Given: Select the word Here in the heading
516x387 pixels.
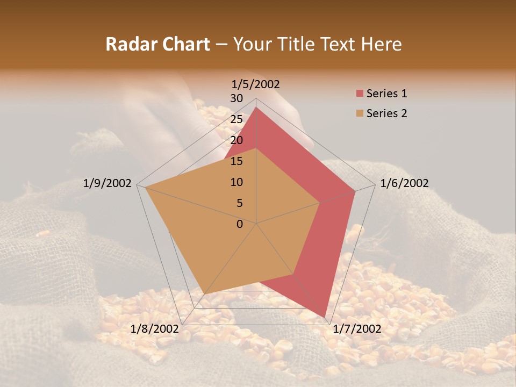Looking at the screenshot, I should [x=382, y=44].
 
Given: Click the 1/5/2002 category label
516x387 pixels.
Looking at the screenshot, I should [x=256, y=84].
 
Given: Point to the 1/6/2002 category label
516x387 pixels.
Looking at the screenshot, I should [x=404, y=183].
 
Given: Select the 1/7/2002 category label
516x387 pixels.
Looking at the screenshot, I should [x=357, y=328].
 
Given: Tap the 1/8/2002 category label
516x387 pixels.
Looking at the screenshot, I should [x=154, y=328].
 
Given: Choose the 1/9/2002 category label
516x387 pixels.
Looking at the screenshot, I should [x=107, y=183].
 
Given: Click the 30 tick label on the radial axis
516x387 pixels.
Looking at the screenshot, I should [x=236, y=98].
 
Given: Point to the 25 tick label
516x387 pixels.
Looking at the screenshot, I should [x=236, y=119].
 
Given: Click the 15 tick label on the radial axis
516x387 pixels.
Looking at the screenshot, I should [x=236, y=161].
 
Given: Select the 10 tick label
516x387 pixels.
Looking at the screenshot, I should [x=236, y=182].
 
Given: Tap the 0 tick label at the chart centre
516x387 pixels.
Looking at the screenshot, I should [x=240, y=224].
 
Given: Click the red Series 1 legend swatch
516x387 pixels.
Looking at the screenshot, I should [x=360, y=94].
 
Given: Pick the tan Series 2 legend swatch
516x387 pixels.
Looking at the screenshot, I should [x=360, y=113].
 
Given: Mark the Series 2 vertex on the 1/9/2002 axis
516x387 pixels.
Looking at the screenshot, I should [x=145, y=187].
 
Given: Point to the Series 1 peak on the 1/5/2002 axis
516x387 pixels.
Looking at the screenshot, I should [x=256, y=107].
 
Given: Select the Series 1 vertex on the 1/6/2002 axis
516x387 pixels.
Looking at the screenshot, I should [x=355, y=191].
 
